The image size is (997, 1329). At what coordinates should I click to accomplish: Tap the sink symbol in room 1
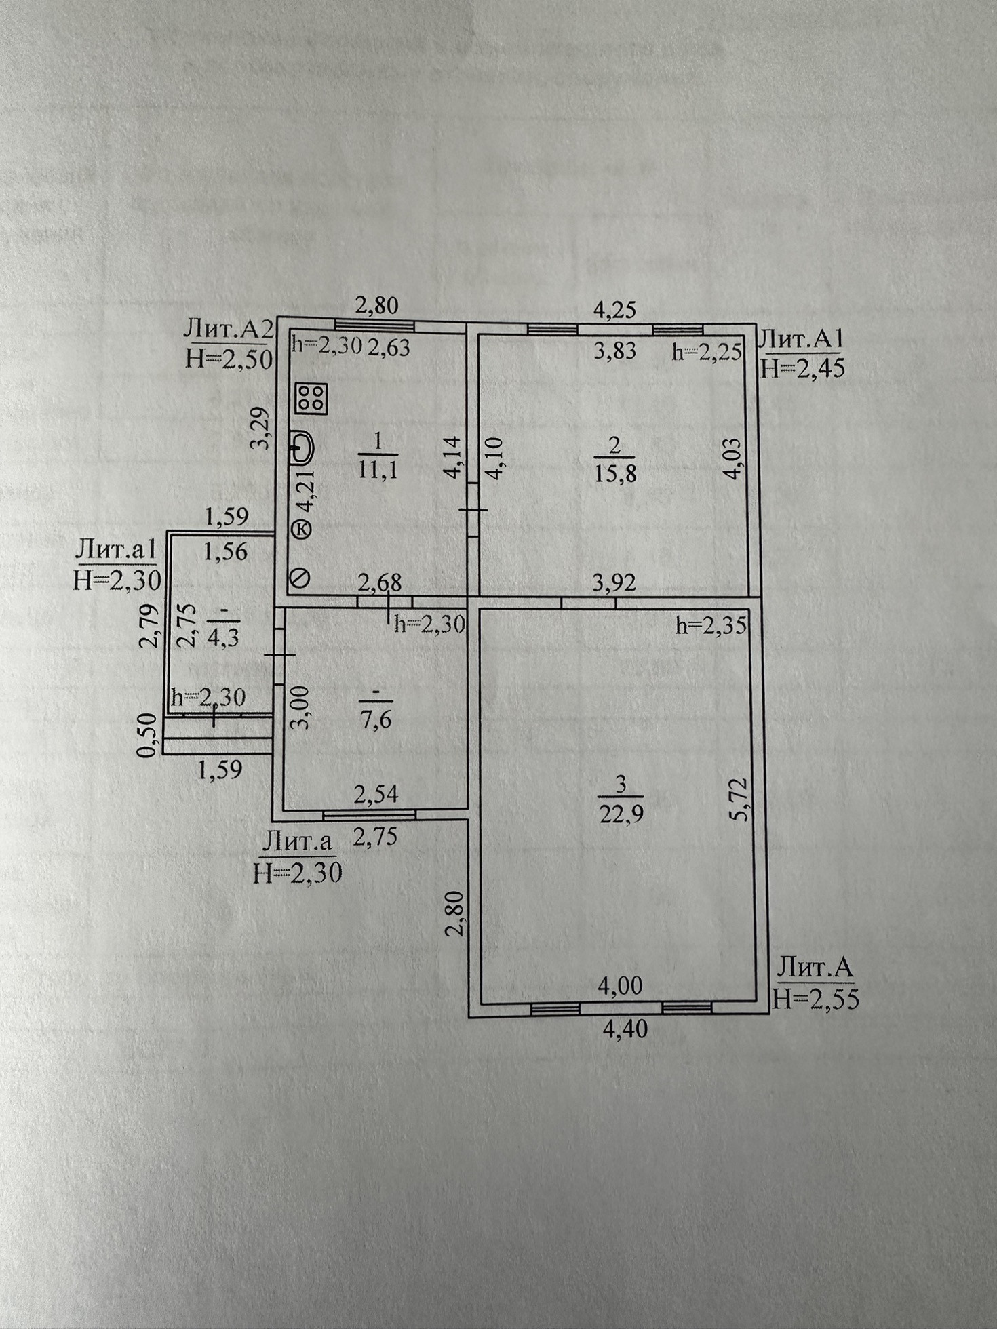coord(302,448)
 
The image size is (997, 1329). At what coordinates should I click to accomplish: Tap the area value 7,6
coord(378,719)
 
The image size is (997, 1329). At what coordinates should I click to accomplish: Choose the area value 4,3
coord(223,638)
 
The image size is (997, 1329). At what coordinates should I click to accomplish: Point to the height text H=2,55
coord(815,999)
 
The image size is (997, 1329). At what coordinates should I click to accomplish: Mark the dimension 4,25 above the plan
coord(614,310)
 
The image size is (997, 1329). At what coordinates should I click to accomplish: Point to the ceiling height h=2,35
coord(711,626)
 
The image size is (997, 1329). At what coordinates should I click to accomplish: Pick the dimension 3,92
coord(614,582)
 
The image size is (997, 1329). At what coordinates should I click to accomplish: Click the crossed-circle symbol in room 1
coord(299,578)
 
